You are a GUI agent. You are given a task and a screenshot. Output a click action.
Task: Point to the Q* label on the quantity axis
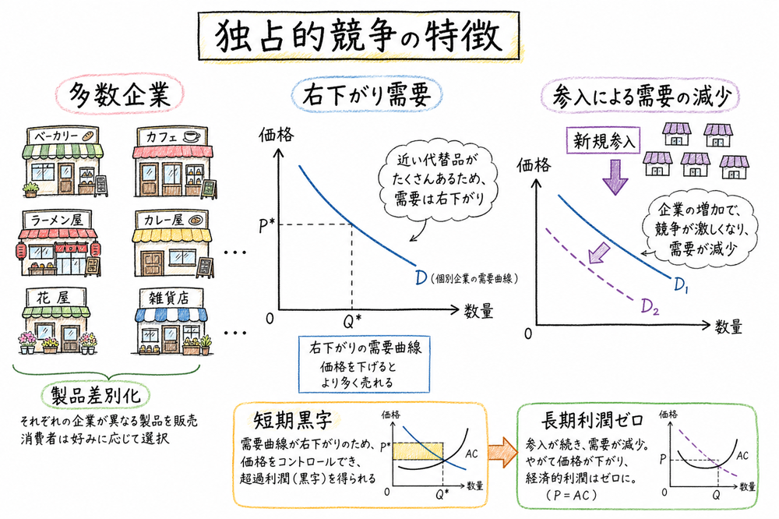pyautogui.click(x=352, y=320)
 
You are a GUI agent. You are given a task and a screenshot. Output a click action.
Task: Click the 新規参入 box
pyautogui.click(x=605, y=141)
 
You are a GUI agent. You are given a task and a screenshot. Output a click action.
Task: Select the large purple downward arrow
pyautogui.click(x=616, y=178)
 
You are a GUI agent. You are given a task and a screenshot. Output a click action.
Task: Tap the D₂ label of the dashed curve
pyautogui.click(x=650, y=305)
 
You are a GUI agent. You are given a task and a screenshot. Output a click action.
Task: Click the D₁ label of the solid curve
pyautogui.click(x=682, y=288)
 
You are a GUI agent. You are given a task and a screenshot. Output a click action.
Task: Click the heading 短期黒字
pyautogui.click(x=289, y=421)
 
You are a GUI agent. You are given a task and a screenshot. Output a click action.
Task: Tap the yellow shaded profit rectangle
pyautogui.click(x=418, y=450)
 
